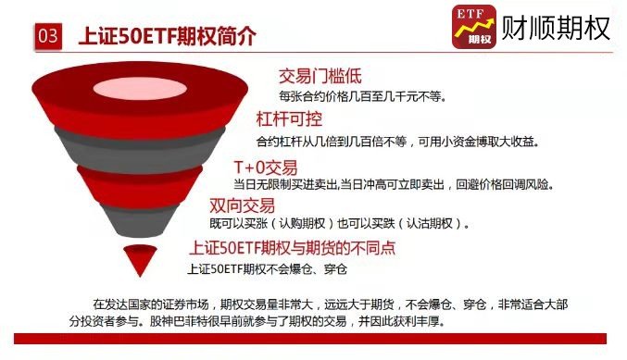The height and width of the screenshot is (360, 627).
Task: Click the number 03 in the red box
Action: (x=49, y=37)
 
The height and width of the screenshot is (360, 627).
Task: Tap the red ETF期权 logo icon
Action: (x=473, y=27)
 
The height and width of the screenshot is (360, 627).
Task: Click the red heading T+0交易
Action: (x=266, y=167)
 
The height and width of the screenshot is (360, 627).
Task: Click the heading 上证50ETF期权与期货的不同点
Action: (x=292, y=248)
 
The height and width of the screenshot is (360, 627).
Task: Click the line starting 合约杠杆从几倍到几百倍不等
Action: (x=397, y=142)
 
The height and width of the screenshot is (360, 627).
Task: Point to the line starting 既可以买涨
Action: (x=339, y=224)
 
